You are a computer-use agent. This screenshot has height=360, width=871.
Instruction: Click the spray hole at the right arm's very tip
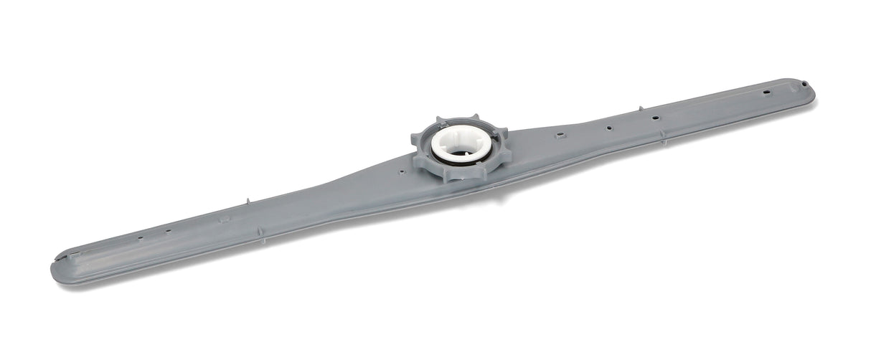pos(786,93)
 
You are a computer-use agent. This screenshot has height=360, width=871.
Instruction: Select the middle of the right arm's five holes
pos(654,116)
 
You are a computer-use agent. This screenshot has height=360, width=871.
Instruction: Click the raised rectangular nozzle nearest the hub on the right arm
pos(558,134)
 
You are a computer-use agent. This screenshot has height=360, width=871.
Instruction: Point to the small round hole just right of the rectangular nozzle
pos(608,129)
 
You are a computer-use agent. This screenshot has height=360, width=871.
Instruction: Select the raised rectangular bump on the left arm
pos(225,219)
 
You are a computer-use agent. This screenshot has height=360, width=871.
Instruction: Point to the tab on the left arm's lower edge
pos(260,232)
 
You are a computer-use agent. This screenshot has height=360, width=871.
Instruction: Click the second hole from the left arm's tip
pos(168,231)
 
